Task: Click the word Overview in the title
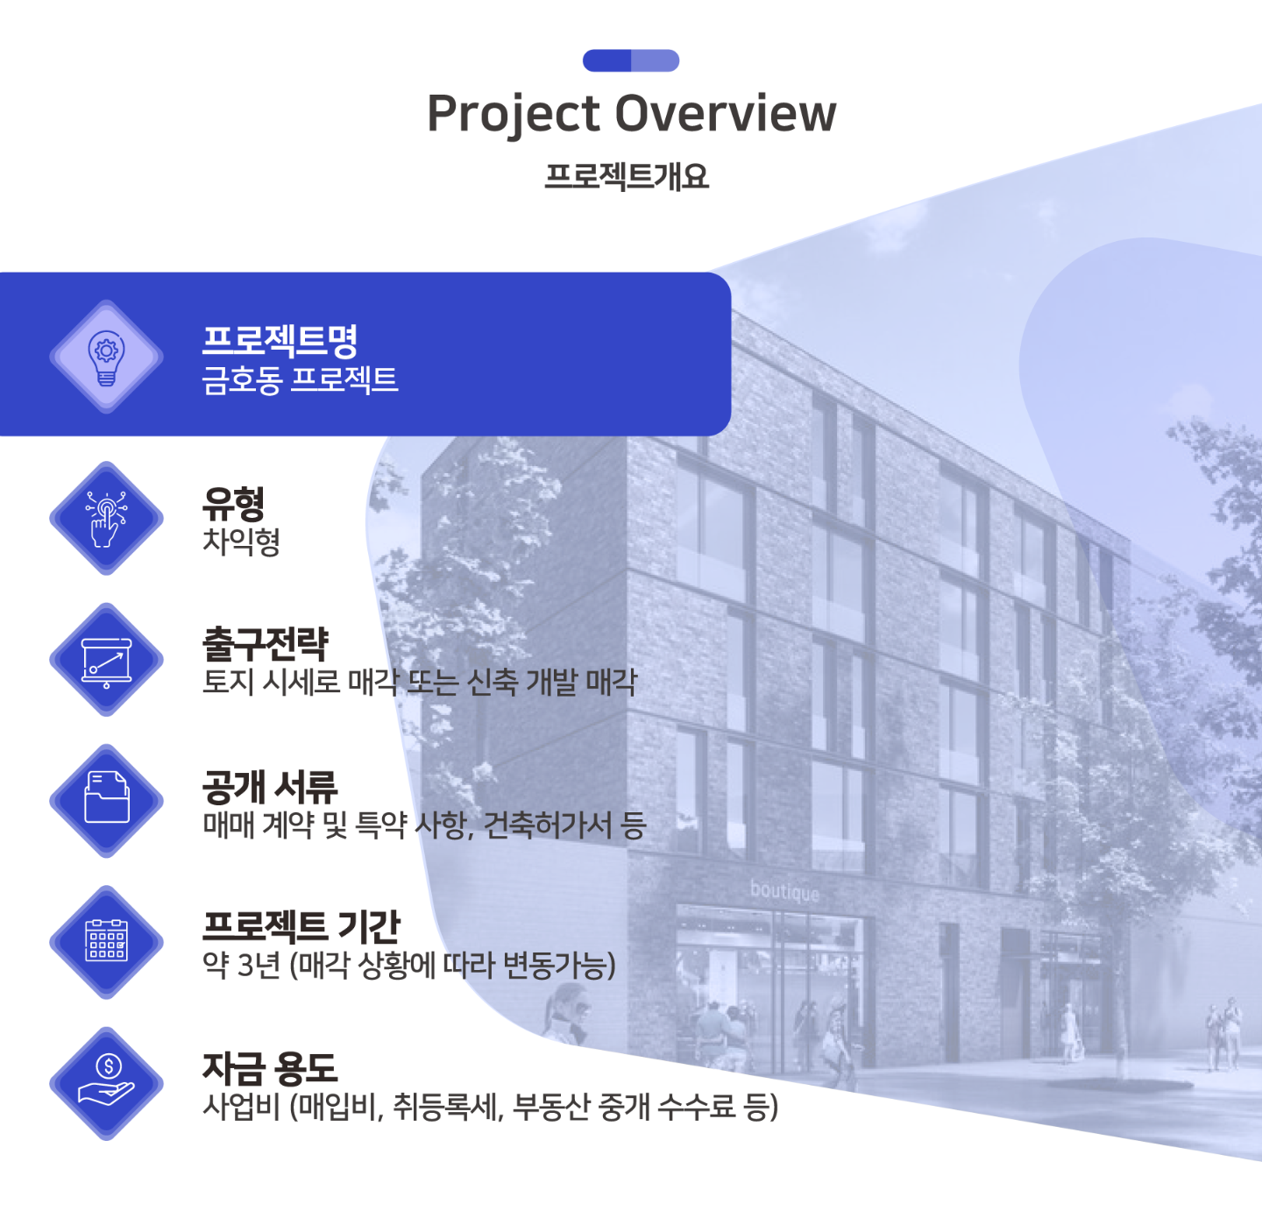pos(725,113)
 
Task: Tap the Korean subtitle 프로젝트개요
pos(627,176)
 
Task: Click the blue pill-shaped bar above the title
pos(631,60)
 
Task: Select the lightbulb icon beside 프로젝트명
pos(106,358)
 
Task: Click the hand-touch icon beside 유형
pos(106,519)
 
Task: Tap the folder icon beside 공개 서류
pos(106,797)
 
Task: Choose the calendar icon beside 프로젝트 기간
pos(106,940)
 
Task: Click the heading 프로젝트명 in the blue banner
pos(280,340)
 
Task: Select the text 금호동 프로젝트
pos(300,380)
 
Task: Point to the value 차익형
pos(241,542)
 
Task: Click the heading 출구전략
pos(266,644)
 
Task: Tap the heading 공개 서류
pos(270,786)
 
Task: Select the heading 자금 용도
pos(270,1069)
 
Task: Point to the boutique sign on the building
pos(784,891)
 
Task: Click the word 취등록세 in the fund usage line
pos(446,1107)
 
